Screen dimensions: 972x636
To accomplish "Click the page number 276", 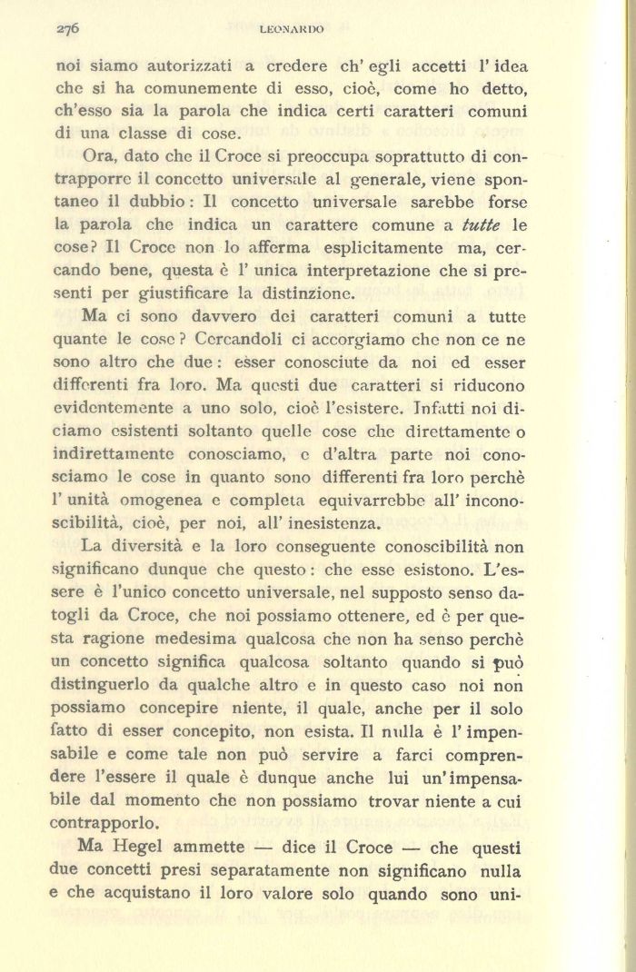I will click(x=68, y=28).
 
